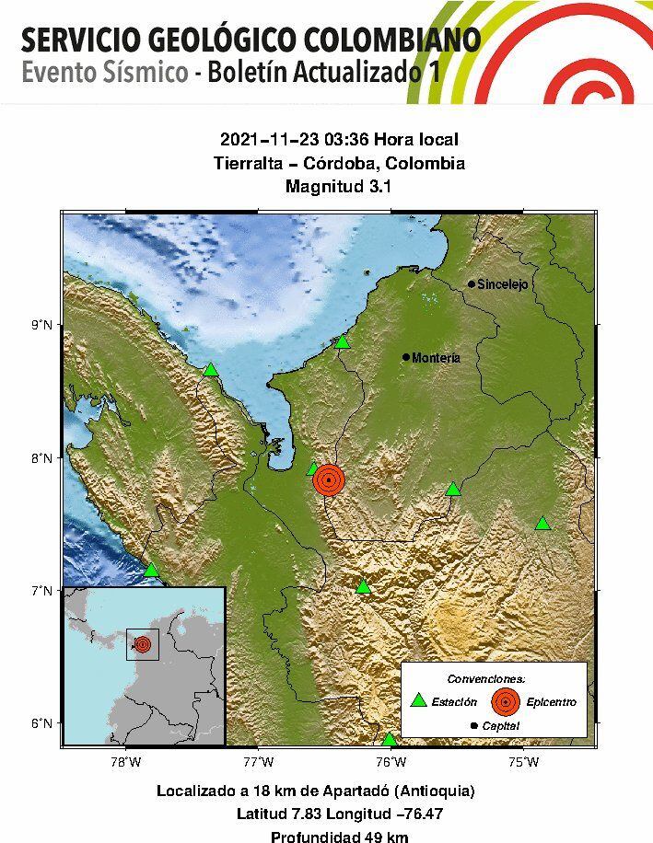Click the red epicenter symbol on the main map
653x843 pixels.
coord(329,479)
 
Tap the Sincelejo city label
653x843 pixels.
coord(503,285)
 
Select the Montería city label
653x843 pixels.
coord(436,358)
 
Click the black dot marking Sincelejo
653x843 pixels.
coord(472,284)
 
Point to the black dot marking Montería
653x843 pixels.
coord(406,357)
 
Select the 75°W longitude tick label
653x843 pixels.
coord(523,762)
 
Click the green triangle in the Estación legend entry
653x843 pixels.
coord(419,700)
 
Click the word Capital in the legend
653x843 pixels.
coord(500,726)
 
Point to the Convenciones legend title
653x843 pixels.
coord(493,678)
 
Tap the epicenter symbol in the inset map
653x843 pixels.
coord(143,644)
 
